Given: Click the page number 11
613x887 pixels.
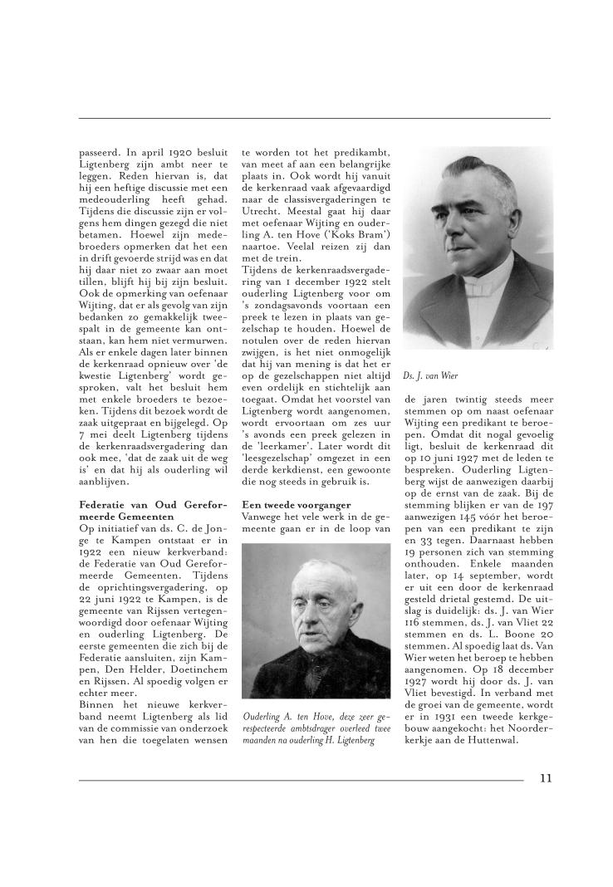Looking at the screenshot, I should point(545,777).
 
